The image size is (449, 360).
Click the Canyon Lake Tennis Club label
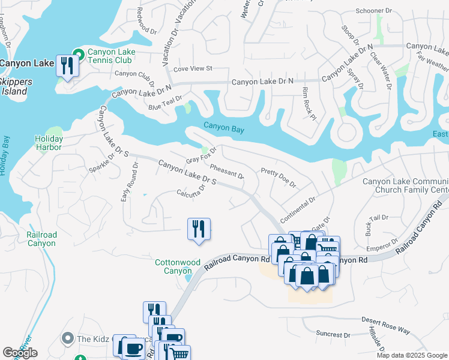click(x=111, y=56)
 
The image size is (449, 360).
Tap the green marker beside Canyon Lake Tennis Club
click(x=78, y=52)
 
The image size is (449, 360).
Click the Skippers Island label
click(x=13, y=86)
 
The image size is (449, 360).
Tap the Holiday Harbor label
click(x=48, y=143)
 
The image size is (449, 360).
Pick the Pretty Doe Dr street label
click(x=279, y=178)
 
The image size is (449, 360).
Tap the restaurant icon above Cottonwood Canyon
click(x=198, y=229)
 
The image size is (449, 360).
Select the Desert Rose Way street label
click(x=385, y=326)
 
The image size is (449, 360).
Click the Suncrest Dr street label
click(x=333, y=334)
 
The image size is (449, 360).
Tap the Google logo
click(x=20, y=353)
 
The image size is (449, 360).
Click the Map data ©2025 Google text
click(x=412, y=355)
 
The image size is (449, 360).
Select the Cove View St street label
click(x=193, y=69)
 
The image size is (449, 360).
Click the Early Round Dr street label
click(x=128, y=182)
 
